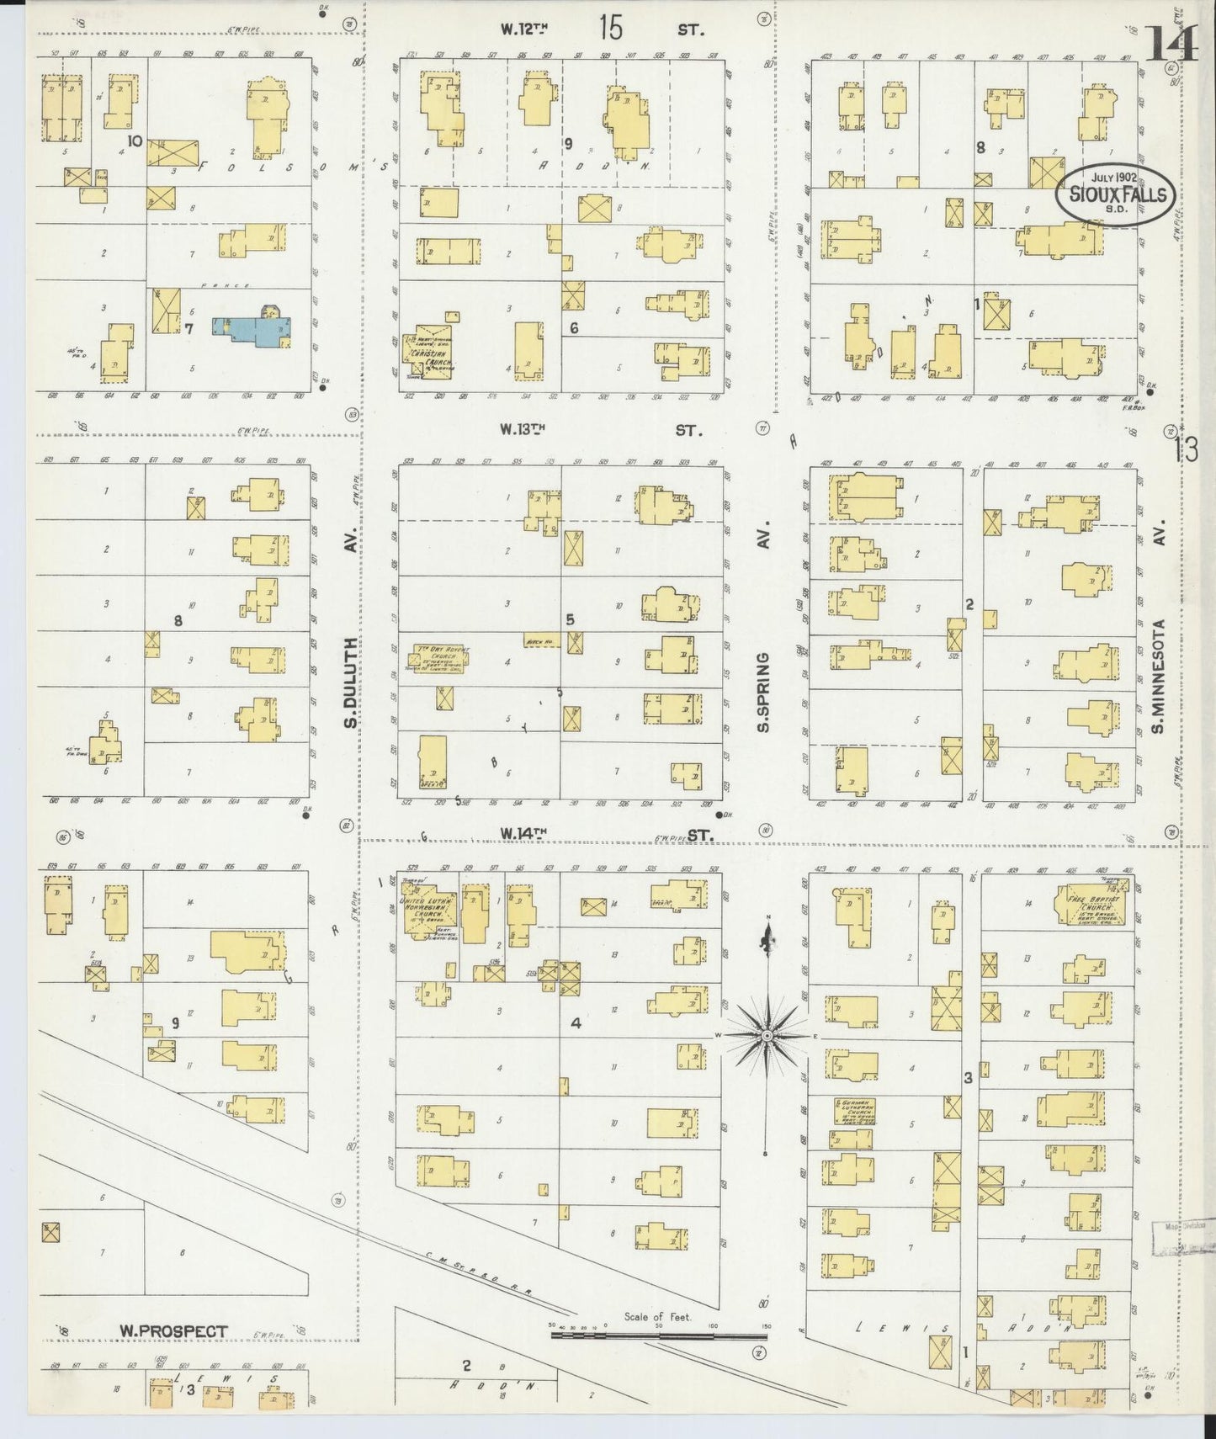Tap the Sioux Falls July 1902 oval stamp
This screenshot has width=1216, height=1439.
coord(1116,193)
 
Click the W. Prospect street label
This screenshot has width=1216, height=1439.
coord(173,1330)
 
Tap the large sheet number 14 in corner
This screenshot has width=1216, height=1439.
coord(1171,44)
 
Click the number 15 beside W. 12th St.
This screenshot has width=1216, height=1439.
coord(611,28)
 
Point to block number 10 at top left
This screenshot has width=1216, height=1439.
coord(134,140)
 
